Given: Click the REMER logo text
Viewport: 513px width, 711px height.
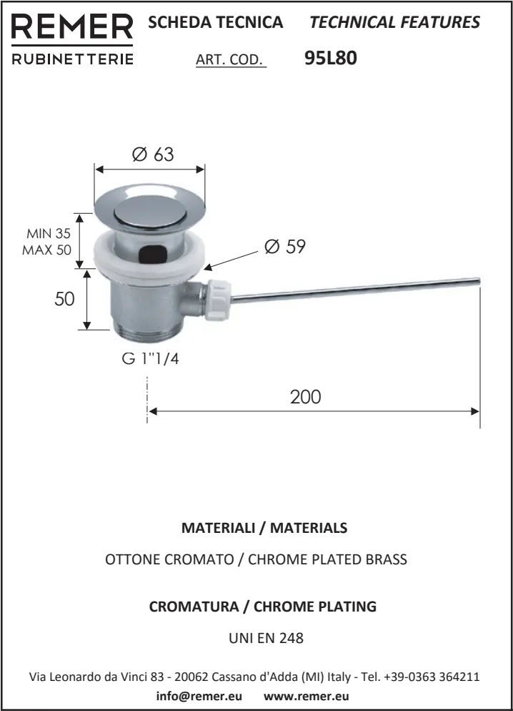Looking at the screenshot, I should (x=73, y=27).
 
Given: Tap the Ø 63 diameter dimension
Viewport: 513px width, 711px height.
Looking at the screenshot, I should (x=152, y=155).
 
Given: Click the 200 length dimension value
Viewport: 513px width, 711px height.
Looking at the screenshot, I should (x=305, y=396).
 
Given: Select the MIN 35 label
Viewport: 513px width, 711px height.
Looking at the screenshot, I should (x=49, y=234).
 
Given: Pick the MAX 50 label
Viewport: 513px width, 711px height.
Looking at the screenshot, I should (x=46, y=250).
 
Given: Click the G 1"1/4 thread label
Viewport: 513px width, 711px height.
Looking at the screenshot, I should (x=150, y=359).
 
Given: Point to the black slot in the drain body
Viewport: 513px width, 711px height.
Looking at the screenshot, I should (x=152, y=252).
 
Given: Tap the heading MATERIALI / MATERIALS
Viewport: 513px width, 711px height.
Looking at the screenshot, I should (x=264, y=528).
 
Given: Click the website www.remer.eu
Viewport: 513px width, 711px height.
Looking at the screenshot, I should (x=301, y=696).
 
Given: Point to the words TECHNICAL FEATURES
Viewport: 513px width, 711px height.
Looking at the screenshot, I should (x=394, y=22).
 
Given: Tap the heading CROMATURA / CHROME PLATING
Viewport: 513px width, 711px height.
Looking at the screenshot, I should (x=262, y=607).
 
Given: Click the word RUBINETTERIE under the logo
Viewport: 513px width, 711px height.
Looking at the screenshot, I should (x=73, y=59).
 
